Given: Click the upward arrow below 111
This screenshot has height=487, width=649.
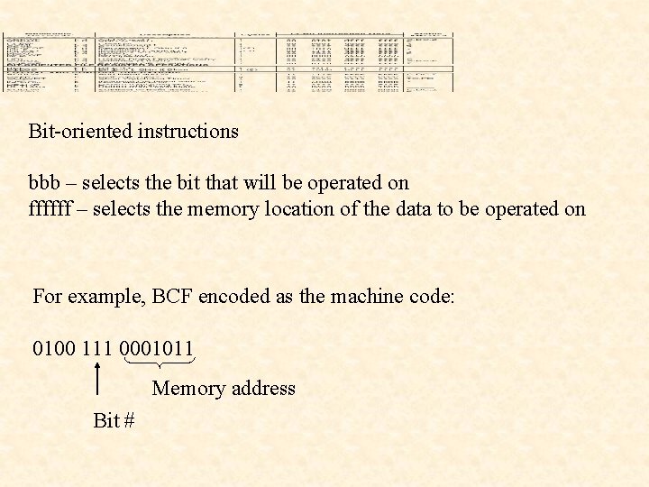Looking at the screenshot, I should [97, 378].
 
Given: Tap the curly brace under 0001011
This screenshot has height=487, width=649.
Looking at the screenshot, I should [160, 363].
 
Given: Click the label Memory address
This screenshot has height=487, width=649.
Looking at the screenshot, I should [224, 389].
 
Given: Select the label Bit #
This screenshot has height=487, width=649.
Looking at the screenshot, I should [114, 420].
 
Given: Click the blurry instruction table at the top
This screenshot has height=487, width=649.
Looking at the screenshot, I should [228, 63].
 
